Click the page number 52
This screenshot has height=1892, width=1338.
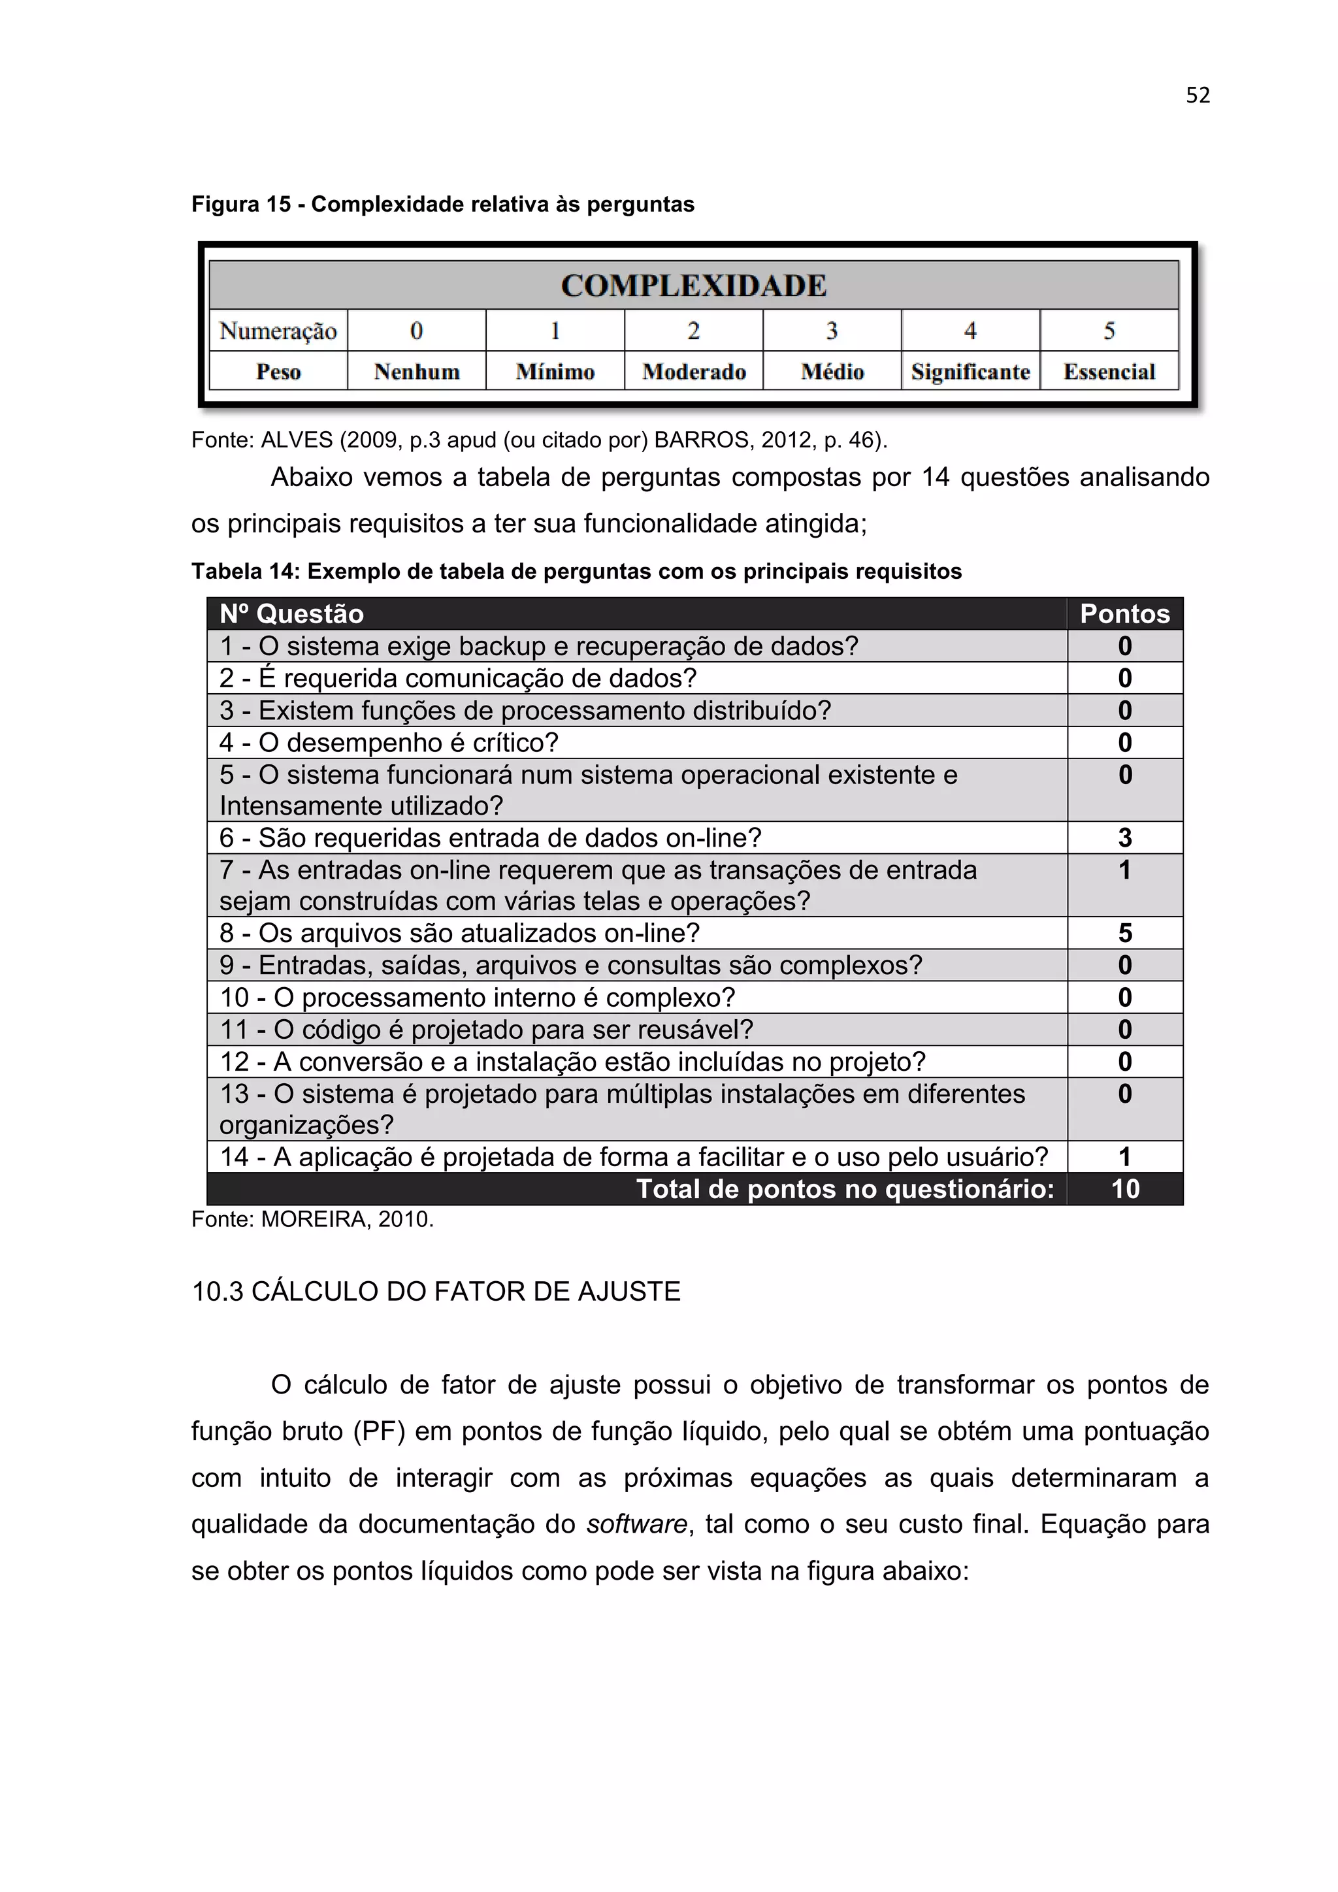[1197, 95]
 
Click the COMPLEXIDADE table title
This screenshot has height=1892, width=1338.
[693, 286]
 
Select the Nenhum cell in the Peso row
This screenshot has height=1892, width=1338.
[417, 372]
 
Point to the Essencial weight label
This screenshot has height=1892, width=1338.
[1109, 372]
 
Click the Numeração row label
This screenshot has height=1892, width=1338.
[278, 331]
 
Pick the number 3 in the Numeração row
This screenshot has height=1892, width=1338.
[832, 331]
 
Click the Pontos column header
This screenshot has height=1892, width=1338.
[1124, 614]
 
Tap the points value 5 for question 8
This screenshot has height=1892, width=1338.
[1124, 933]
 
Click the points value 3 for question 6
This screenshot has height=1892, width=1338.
[1124, 838]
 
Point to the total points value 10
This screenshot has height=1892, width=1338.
[1124, 1189]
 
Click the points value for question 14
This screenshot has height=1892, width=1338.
[1124, 1157]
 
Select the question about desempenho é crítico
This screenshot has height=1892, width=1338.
[389, 742]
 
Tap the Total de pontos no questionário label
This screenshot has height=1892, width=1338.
[845, 1189]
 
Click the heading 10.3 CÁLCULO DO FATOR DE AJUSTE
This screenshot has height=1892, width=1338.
[436, 1291]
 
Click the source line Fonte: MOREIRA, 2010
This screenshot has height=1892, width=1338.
[312, 1220]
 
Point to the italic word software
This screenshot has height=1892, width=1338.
[637, 1524]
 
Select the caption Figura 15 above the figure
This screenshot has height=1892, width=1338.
[442, 204]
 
